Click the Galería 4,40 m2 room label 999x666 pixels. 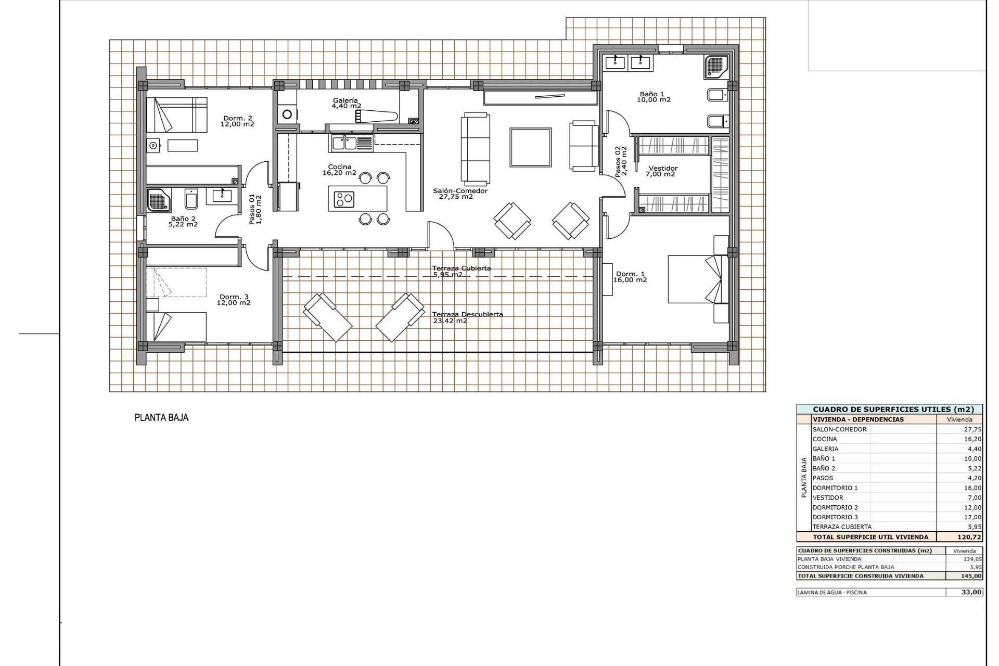pos(346,103)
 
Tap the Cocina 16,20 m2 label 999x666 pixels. pos(339,170)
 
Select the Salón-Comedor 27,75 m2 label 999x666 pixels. pos(460,194)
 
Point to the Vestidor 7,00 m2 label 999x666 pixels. pos(663,171)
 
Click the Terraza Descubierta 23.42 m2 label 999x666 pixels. pos(467,317)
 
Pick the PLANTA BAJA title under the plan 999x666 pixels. pos(161,417)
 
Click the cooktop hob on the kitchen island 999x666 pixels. pos(344,199)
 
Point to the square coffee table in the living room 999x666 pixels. pos(530,147)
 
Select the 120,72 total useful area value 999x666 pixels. pos(969,536)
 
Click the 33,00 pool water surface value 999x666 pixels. pos(971,592)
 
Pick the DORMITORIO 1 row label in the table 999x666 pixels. pos(835,488)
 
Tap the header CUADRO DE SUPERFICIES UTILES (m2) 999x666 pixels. pos(889,409)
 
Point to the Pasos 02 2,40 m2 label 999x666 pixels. pos(621,161)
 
